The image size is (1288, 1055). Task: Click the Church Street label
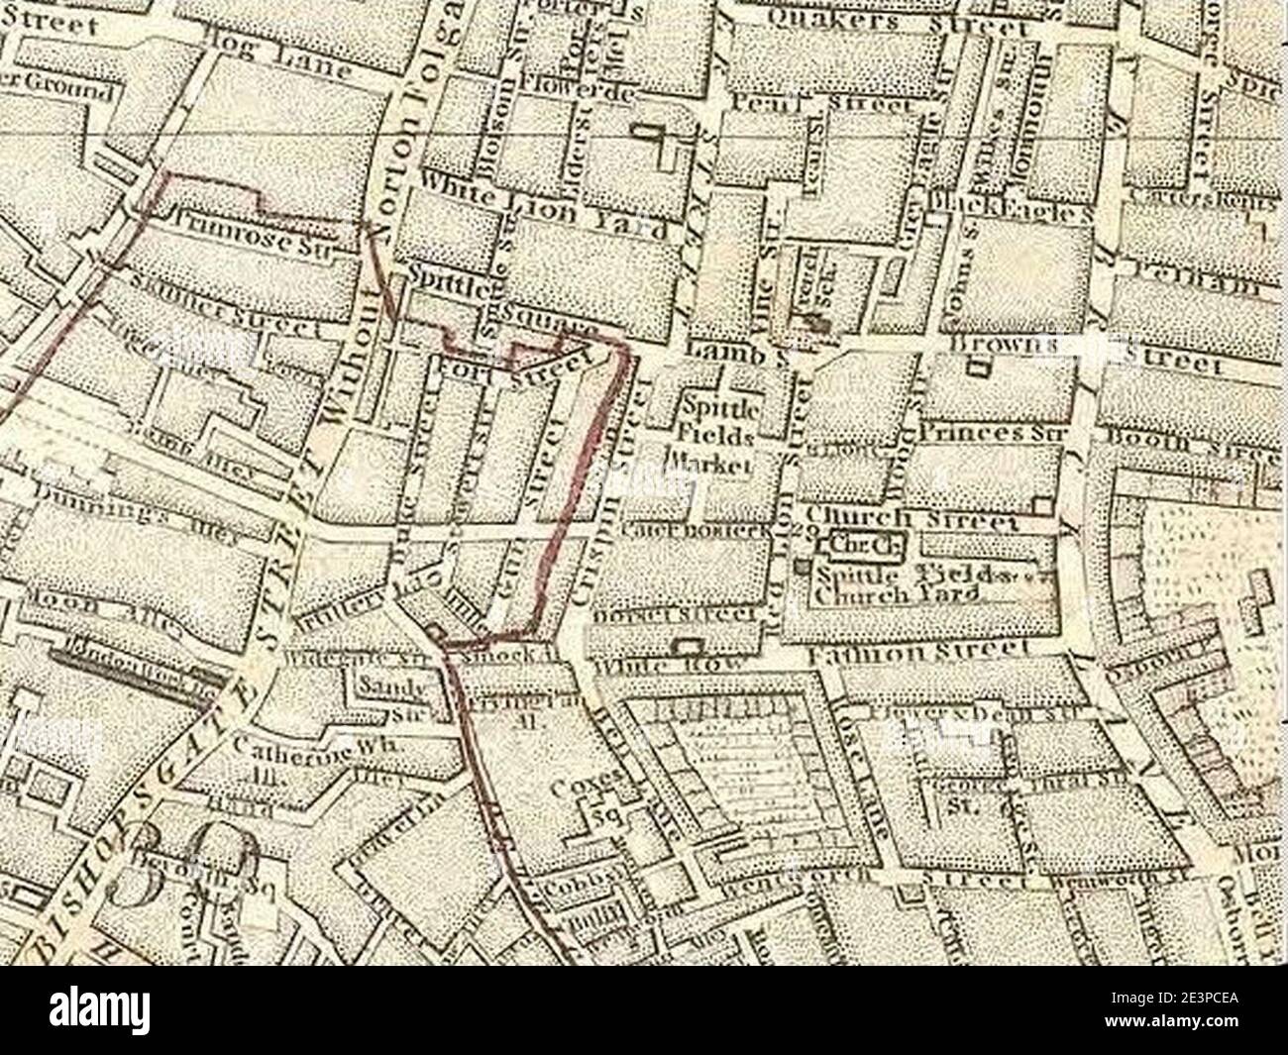(x=912, y=518)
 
